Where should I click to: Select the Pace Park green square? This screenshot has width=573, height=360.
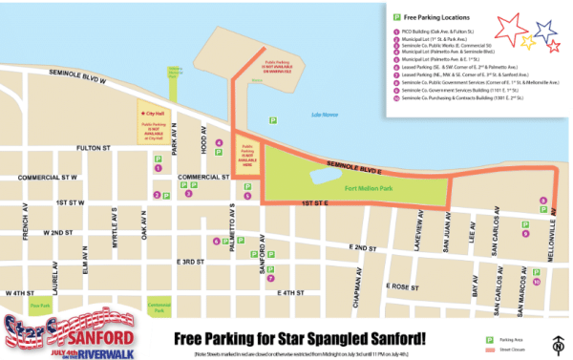[x=40, y=306]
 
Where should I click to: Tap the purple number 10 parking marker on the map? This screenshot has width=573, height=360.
[x=537, y=282]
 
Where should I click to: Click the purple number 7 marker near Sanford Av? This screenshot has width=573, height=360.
[x=251, y=256]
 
